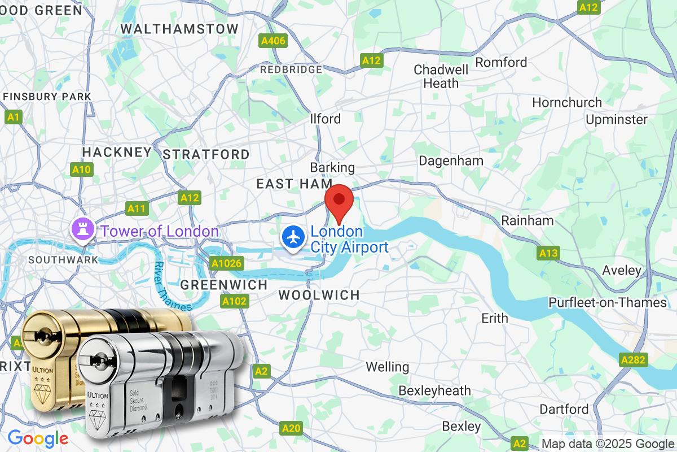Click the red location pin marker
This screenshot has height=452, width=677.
pyautogui.click(x=340, y=201)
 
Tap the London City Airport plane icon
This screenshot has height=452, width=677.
pyautogui.click(x=293, y=236)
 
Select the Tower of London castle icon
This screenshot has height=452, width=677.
pyautogui.click(x=78, y=229)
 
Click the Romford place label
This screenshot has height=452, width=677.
pyautogui.click(x=501, y=62)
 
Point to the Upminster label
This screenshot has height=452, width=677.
pyautogui.click(x=616, y=119)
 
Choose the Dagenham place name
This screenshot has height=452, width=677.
pyautogui.click(x=451, y=160)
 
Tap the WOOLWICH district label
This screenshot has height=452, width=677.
pyautogui.click(x=319, y=295)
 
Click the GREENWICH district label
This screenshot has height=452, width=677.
pyautogui.click(x=223, y=285)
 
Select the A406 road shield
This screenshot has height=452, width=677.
pyautogui.click(x=273, y=41)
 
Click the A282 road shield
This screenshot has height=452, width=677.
pyautogui.click(x=634, y=360)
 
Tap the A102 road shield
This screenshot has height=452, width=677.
pyautogui.click(x=234, y=301)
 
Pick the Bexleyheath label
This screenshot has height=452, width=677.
pyautogui.click(x=434, y=390)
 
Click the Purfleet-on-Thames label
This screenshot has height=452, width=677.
pyautogui.click(x=607, y=303)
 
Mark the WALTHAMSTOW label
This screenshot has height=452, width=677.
pyautogui.click(x=179, y=28)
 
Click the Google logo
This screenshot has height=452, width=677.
pyautogui.click(x=38, y=438)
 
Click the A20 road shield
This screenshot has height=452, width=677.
pyautogui.click(x=291, y=429)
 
